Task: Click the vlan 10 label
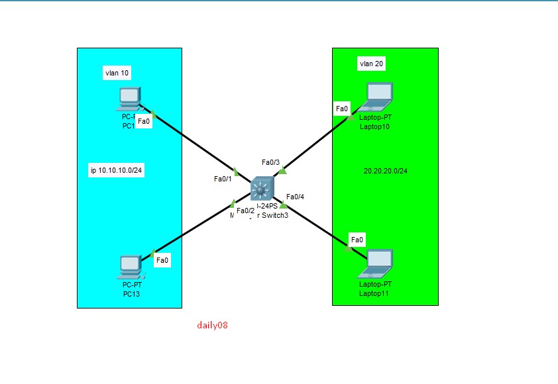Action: pos(116,73)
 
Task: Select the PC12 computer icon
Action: pos(129,99)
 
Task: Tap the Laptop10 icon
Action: pos(376,96)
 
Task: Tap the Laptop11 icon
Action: pos(376,263)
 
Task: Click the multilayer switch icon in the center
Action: pos(262,190)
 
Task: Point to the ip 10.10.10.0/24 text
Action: pos(117,170)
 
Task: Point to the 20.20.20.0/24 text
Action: pos(385,171)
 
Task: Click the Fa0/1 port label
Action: pos(223,179)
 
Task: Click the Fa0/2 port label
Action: pos(245,211)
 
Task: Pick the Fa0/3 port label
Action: pos(271,162)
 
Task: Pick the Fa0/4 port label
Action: pos(296,197)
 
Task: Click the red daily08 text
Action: pos(213,325)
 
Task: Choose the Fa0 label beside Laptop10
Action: pos(342,109)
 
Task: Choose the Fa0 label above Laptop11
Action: pos(357,239)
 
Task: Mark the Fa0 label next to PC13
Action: pos(162,261)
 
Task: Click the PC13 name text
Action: pos(131,293)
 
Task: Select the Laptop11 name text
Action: pos(375,292)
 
